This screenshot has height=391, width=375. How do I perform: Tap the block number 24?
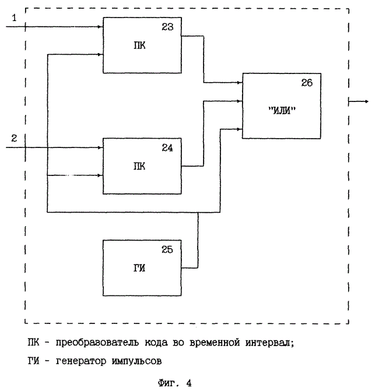pyautogui.click(x=167, y=148)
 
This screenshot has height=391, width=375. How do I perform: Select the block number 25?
pyautogui.click(x=167, y=249)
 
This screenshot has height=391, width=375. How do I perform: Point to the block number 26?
pyautogui.click(x=307, y=83)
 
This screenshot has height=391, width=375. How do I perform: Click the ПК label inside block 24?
pyautogui.click(x=139, y=166)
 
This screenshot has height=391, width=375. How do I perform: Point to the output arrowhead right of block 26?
pyautogui.click(x=366, y=100)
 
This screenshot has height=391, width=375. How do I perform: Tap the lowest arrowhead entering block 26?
pyautogui.click(x=240, y=128)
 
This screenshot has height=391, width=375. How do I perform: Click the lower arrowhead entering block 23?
pyautogui.click(x=100, y=55)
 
